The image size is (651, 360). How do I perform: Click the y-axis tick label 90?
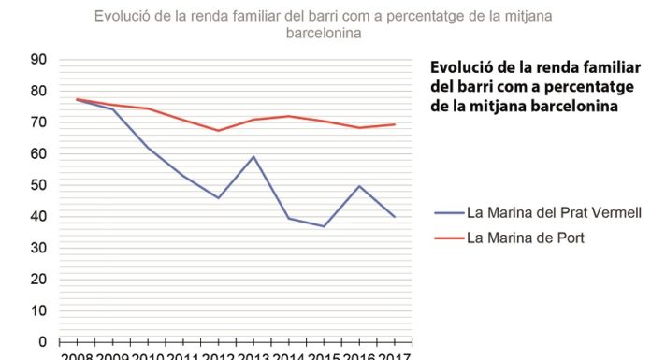click(39, 59)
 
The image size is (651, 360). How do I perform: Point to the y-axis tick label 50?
click(39, 184)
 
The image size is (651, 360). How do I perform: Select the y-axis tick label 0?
click(43, 341)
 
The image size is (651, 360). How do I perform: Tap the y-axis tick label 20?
click(39, 279)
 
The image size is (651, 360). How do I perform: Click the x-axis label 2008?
click(77, 355)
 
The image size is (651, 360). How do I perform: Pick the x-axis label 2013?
click(253, 355)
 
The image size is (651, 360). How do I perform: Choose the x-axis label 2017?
click(395, 355)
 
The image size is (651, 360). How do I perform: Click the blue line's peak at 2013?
click(253, 156)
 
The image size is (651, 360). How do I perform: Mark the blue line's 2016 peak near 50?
click(360, 185)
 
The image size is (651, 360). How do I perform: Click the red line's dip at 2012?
click(218, 130)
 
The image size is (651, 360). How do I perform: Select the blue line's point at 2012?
click(218, 197)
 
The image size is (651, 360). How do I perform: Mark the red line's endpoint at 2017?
click(395, 124)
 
